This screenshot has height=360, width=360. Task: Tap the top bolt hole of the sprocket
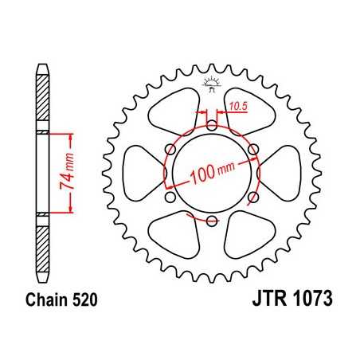click(x=211, y=124)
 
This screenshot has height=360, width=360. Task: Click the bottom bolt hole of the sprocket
click(x=211, y=222)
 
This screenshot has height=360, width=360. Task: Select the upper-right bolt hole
click(x=253, y=149)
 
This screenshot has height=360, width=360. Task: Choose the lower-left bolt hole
click(x=169, y=198)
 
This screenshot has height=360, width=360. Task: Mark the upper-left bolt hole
click(x=169, y=149)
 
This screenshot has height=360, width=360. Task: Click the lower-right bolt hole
click(x=253, y=198)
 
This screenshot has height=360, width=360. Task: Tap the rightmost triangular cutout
click(x=280, y=174)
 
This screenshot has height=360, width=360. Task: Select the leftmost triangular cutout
click(x=142, y=174)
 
